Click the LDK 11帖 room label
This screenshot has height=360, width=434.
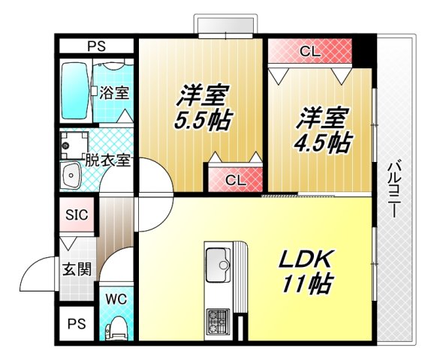tap(306, 271)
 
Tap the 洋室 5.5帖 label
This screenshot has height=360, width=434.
tap(203, 108)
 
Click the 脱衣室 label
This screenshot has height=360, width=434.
tap(108, 160)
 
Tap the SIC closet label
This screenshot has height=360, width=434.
tap(77, 215)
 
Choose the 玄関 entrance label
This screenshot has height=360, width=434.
tap(77, 268)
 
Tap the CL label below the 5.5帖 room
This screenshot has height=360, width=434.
tap(235, 180)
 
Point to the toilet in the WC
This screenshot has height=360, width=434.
tap(116, 328)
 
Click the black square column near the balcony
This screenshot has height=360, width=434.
tap(363, 50)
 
